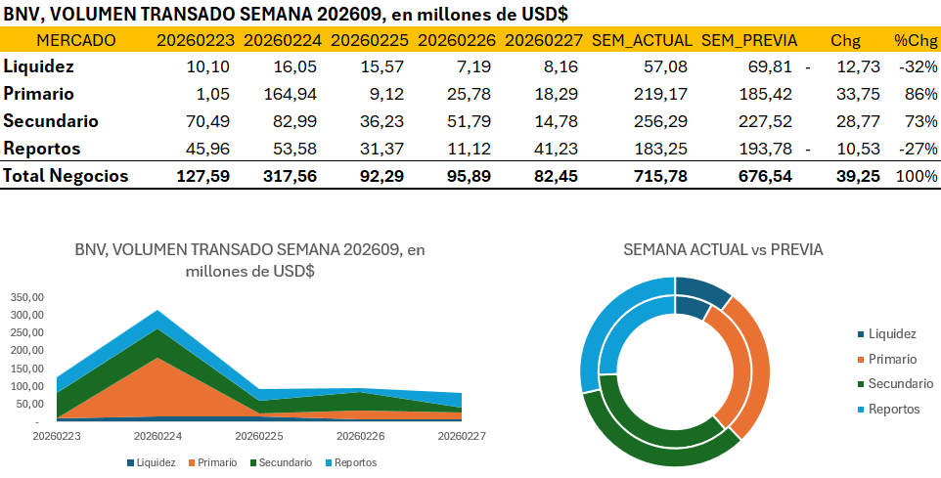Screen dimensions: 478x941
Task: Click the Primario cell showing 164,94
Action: [292, 95]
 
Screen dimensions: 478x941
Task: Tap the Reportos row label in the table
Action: [42, 149]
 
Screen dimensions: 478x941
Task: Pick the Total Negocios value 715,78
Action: [660, 176]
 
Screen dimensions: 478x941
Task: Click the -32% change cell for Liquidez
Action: [920, 67]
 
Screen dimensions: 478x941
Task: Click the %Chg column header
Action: [916, 40]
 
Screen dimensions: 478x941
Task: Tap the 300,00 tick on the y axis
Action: [26, 315]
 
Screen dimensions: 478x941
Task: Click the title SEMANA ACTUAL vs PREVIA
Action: [723, 250]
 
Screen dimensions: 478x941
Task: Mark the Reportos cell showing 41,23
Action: [559, 149]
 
